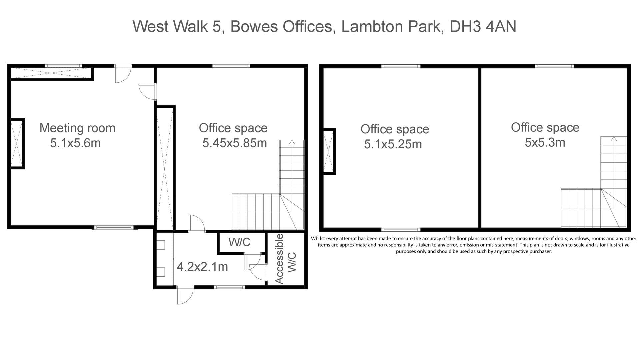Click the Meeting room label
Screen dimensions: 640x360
click(77, 128)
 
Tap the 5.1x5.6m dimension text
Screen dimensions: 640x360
click(75, 143)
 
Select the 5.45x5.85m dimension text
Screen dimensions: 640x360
click(235, 143)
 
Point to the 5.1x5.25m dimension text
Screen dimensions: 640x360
click(393, 144)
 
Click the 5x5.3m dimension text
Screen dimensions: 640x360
click(545, 143)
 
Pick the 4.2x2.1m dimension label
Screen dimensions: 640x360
click(202, 267)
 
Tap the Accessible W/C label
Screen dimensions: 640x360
click(285, 259)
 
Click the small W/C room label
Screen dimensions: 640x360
click(239, 242)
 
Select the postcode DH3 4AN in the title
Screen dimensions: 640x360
click(483, 26)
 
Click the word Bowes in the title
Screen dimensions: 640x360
click(254, 26)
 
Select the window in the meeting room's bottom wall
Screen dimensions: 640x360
click(113, 228)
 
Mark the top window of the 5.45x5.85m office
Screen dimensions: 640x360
click(231, 66)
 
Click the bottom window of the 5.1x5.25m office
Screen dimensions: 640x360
click(401, 230)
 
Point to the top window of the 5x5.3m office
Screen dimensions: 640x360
click(555, 66)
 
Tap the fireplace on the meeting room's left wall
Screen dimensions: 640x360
click(17, 143)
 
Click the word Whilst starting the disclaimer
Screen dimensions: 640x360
click(319, 239)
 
